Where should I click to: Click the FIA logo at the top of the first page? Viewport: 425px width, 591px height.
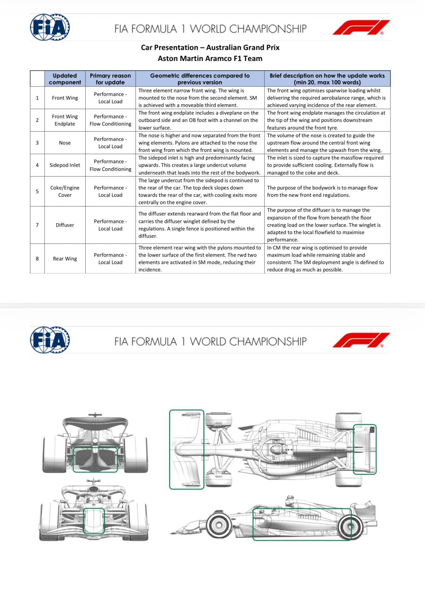click(x=50, y=27)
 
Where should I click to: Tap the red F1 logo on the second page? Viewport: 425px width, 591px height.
click(x=361, y=340)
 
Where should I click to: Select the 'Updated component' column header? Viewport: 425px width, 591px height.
click(x=65, y=79)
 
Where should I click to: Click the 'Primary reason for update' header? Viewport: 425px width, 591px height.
click(x=110, y=79)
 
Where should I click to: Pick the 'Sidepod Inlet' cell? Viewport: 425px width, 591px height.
click(x=65, y=165)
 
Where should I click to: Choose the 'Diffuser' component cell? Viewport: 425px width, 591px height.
click(x=65, y=225)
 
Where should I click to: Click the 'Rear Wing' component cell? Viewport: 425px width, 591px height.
click(x=65, y=259)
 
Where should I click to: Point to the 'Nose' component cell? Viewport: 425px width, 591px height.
click(x=65, y=143)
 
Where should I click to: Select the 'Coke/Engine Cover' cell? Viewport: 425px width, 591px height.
click(x=65, y=191)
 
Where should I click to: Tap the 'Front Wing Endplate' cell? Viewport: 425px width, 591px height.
click(x=65, y=120)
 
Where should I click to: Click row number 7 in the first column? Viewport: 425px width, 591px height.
click(x=37, y=225)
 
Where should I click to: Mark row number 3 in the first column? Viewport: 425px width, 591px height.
click(x=37, y=143)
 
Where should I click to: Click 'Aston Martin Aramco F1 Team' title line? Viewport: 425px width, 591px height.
click(x=210, y=59)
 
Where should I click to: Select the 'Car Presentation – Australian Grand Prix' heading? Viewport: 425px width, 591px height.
click(x=210, y=48)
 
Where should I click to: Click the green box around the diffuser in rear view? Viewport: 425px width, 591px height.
click(x=95, y=460)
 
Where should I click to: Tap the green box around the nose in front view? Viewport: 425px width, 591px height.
click(x=94, y=521)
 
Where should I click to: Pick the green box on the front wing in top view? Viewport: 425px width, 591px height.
click(x=186, y=449)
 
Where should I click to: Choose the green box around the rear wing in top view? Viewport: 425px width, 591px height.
click(x=364, y=449)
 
